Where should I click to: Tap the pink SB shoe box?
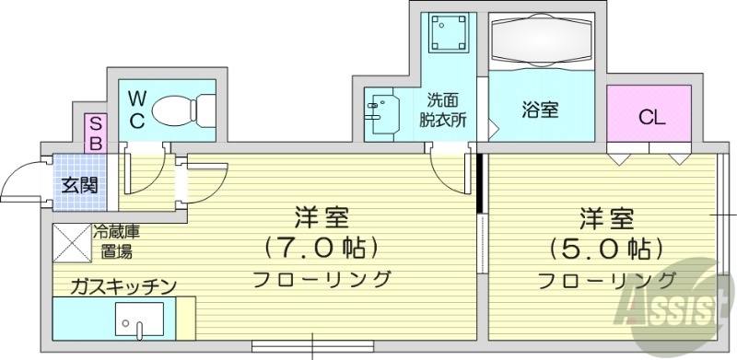94,133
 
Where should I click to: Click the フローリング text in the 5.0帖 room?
605,279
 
